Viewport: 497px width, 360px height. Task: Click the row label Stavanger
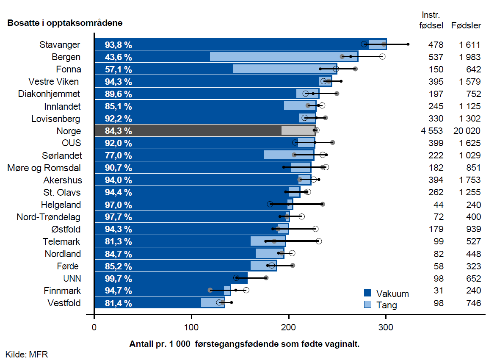click(60, 44)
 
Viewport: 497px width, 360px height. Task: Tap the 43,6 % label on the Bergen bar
click(119, 57)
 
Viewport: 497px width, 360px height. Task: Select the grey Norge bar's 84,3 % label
click(119, 131)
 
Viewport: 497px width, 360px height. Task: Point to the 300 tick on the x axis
click(386, 327)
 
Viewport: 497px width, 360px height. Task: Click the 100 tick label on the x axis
click(191, 327)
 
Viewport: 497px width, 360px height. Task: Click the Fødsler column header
click(466, 25)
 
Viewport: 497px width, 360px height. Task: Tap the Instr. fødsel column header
click(431, 20)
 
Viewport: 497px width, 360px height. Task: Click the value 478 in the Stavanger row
click(436, 44)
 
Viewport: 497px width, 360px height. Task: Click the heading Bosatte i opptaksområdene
click(65, 23)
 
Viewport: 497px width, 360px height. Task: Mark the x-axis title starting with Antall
click(244, 344)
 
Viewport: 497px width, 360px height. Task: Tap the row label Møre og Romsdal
click(44, 168)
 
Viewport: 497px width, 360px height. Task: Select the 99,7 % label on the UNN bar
click(119, 279)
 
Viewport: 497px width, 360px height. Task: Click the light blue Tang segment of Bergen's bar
click(284, 57)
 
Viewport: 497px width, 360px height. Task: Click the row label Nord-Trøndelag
click(48, 217)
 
